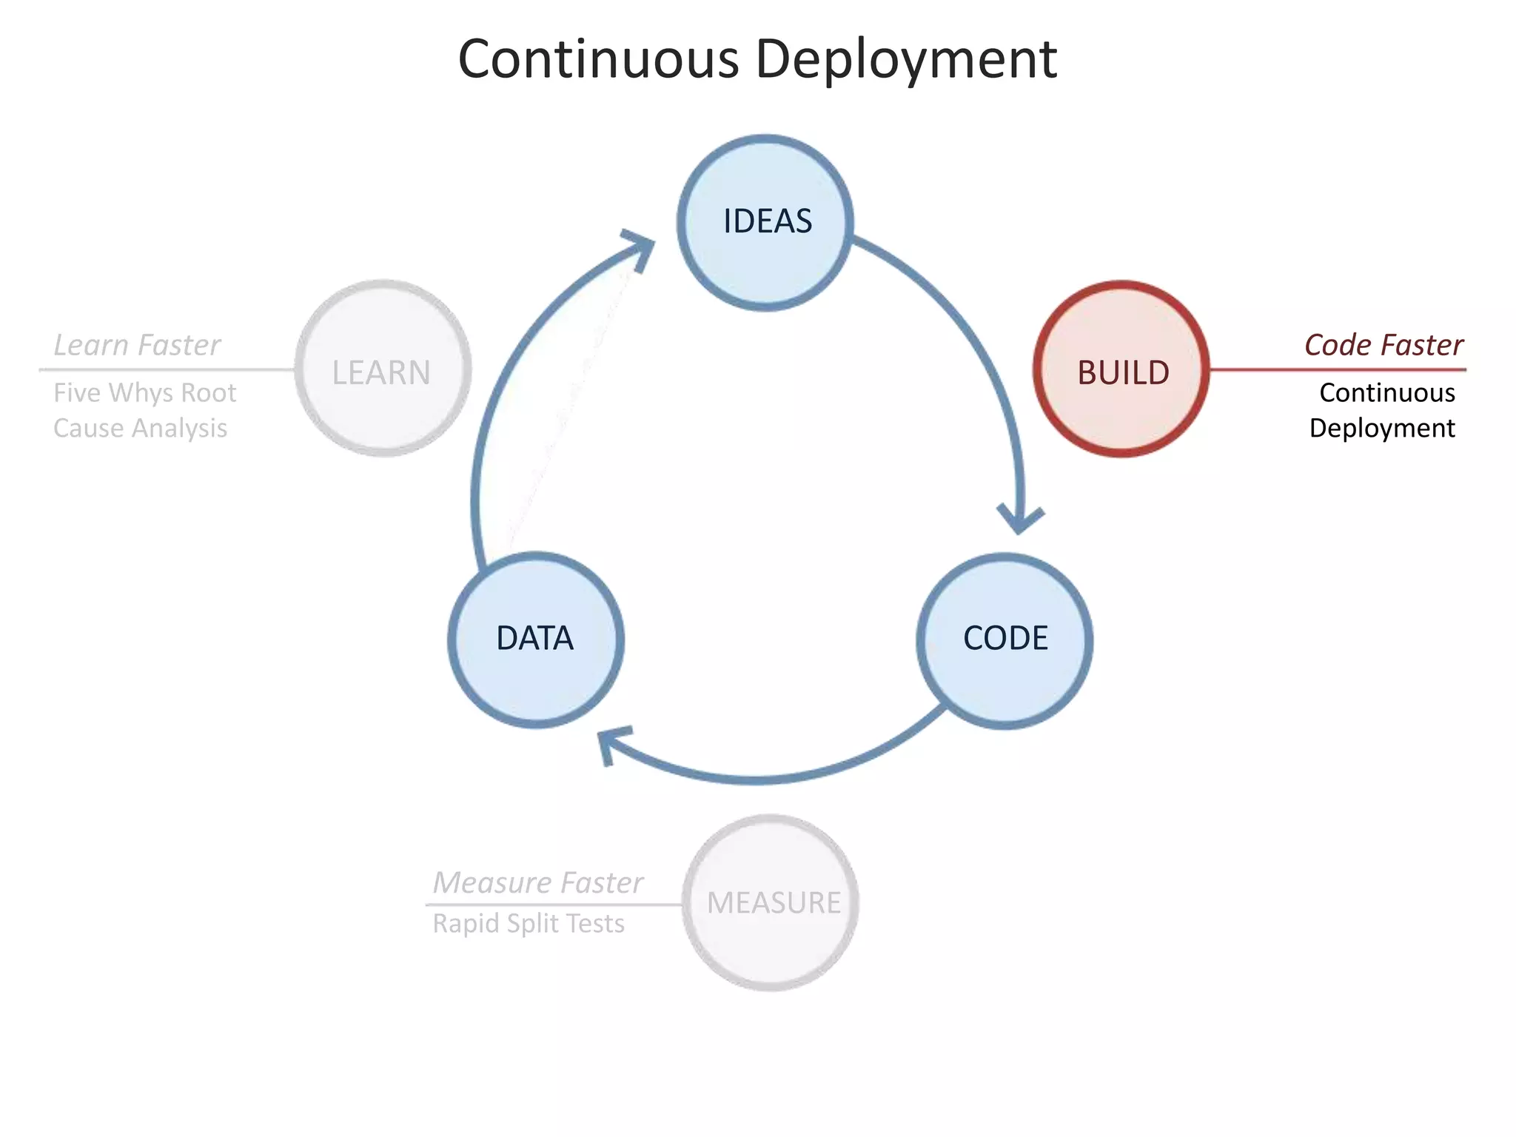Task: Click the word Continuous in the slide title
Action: tap(598, 59)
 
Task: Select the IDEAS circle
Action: tap(766, 222)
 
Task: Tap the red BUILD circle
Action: tap(1121, 370)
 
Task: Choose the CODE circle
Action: tap(1004, 640)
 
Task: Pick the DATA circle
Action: tap(535, 640)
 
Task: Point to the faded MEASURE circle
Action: tap(771, 903)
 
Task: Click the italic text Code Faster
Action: tap(1383, 345)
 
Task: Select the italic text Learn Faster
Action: tap(137, 345)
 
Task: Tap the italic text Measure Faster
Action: tap(537, 882)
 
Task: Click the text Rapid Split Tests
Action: tap(529, 924)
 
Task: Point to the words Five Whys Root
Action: tap(144, 392)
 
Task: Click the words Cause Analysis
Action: tap(140, 428)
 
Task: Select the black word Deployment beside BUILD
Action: tap(1381, 428)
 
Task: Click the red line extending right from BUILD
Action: tap(1337, 369)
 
